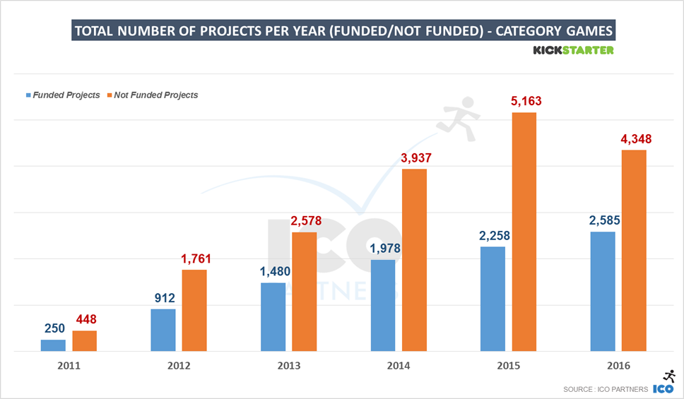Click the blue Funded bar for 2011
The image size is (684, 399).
[x=53, y=345]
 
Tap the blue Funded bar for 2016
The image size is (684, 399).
[x=603, y=291]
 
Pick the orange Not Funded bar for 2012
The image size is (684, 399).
[x=194, y=310]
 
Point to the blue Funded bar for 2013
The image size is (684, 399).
[x=273, y=316]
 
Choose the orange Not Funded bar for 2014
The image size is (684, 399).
[x=414, y=260]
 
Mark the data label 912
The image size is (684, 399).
[x=164, y=298]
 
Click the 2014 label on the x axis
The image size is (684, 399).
[x=399, y=366]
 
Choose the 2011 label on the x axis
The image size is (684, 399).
[x=69, y=366]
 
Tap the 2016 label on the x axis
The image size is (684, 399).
[x=618, y=366]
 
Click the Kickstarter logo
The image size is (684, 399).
[x=573, y=50]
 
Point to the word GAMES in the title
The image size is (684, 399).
[x=583, y=31]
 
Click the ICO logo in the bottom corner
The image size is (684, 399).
[x=664, y=384]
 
